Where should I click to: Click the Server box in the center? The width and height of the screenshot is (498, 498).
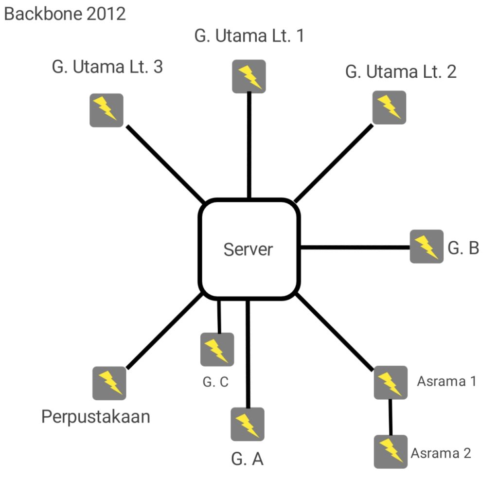click(249, 249)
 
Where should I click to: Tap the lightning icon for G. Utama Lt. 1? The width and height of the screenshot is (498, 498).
click(249, 75)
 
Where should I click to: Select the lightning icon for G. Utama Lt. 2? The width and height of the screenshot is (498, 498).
click(389, 107)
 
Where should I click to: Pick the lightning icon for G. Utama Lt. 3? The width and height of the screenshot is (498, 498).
click(106, 110)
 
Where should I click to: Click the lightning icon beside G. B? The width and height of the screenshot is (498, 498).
click(426, 247)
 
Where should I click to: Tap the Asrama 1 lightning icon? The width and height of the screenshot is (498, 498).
click(390, 383)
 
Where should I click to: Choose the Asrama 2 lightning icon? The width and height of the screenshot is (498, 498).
click(390, 451)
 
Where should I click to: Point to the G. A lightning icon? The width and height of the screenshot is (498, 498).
click(248, 424)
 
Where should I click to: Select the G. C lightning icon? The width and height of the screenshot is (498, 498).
click(217, 349)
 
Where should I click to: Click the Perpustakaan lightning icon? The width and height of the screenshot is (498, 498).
click(109, 383)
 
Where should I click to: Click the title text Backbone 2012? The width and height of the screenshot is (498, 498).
click(65, 14)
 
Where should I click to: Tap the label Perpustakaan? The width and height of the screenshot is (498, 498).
click(96, 417)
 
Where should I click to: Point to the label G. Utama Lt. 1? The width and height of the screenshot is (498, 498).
click(249, 36)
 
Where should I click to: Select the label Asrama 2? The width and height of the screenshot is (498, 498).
click(441, 453)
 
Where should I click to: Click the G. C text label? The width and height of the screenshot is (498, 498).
click(215, 382)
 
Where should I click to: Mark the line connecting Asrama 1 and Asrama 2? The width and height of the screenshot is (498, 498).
click(390, 417)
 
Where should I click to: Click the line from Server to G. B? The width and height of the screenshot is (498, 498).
click(355, 248)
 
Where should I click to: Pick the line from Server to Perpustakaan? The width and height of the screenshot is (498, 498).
click(164, 331)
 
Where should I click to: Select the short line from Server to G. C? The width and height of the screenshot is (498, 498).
click(219, 316)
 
